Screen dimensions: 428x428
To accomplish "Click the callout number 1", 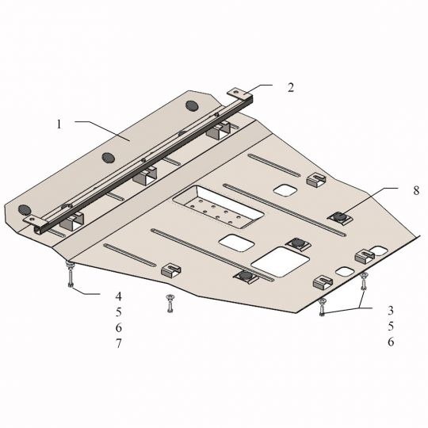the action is [x=59, y=124].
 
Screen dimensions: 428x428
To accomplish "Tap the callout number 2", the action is [x=291, y=88].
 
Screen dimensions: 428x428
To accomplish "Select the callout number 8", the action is [x=416, y=190].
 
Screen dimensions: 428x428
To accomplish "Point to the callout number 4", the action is [x=118, y=296].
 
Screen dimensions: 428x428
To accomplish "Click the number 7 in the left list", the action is [x=118, y=343].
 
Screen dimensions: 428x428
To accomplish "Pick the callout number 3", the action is [x=391, y=311].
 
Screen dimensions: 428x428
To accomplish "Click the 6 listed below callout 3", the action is [x=391, y=342].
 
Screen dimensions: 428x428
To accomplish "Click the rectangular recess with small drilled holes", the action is [x=218, y=207].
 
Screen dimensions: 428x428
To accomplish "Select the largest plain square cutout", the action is [x=280, y=262].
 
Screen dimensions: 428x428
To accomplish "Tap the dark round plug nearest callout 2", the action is [x=192, y=105].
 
